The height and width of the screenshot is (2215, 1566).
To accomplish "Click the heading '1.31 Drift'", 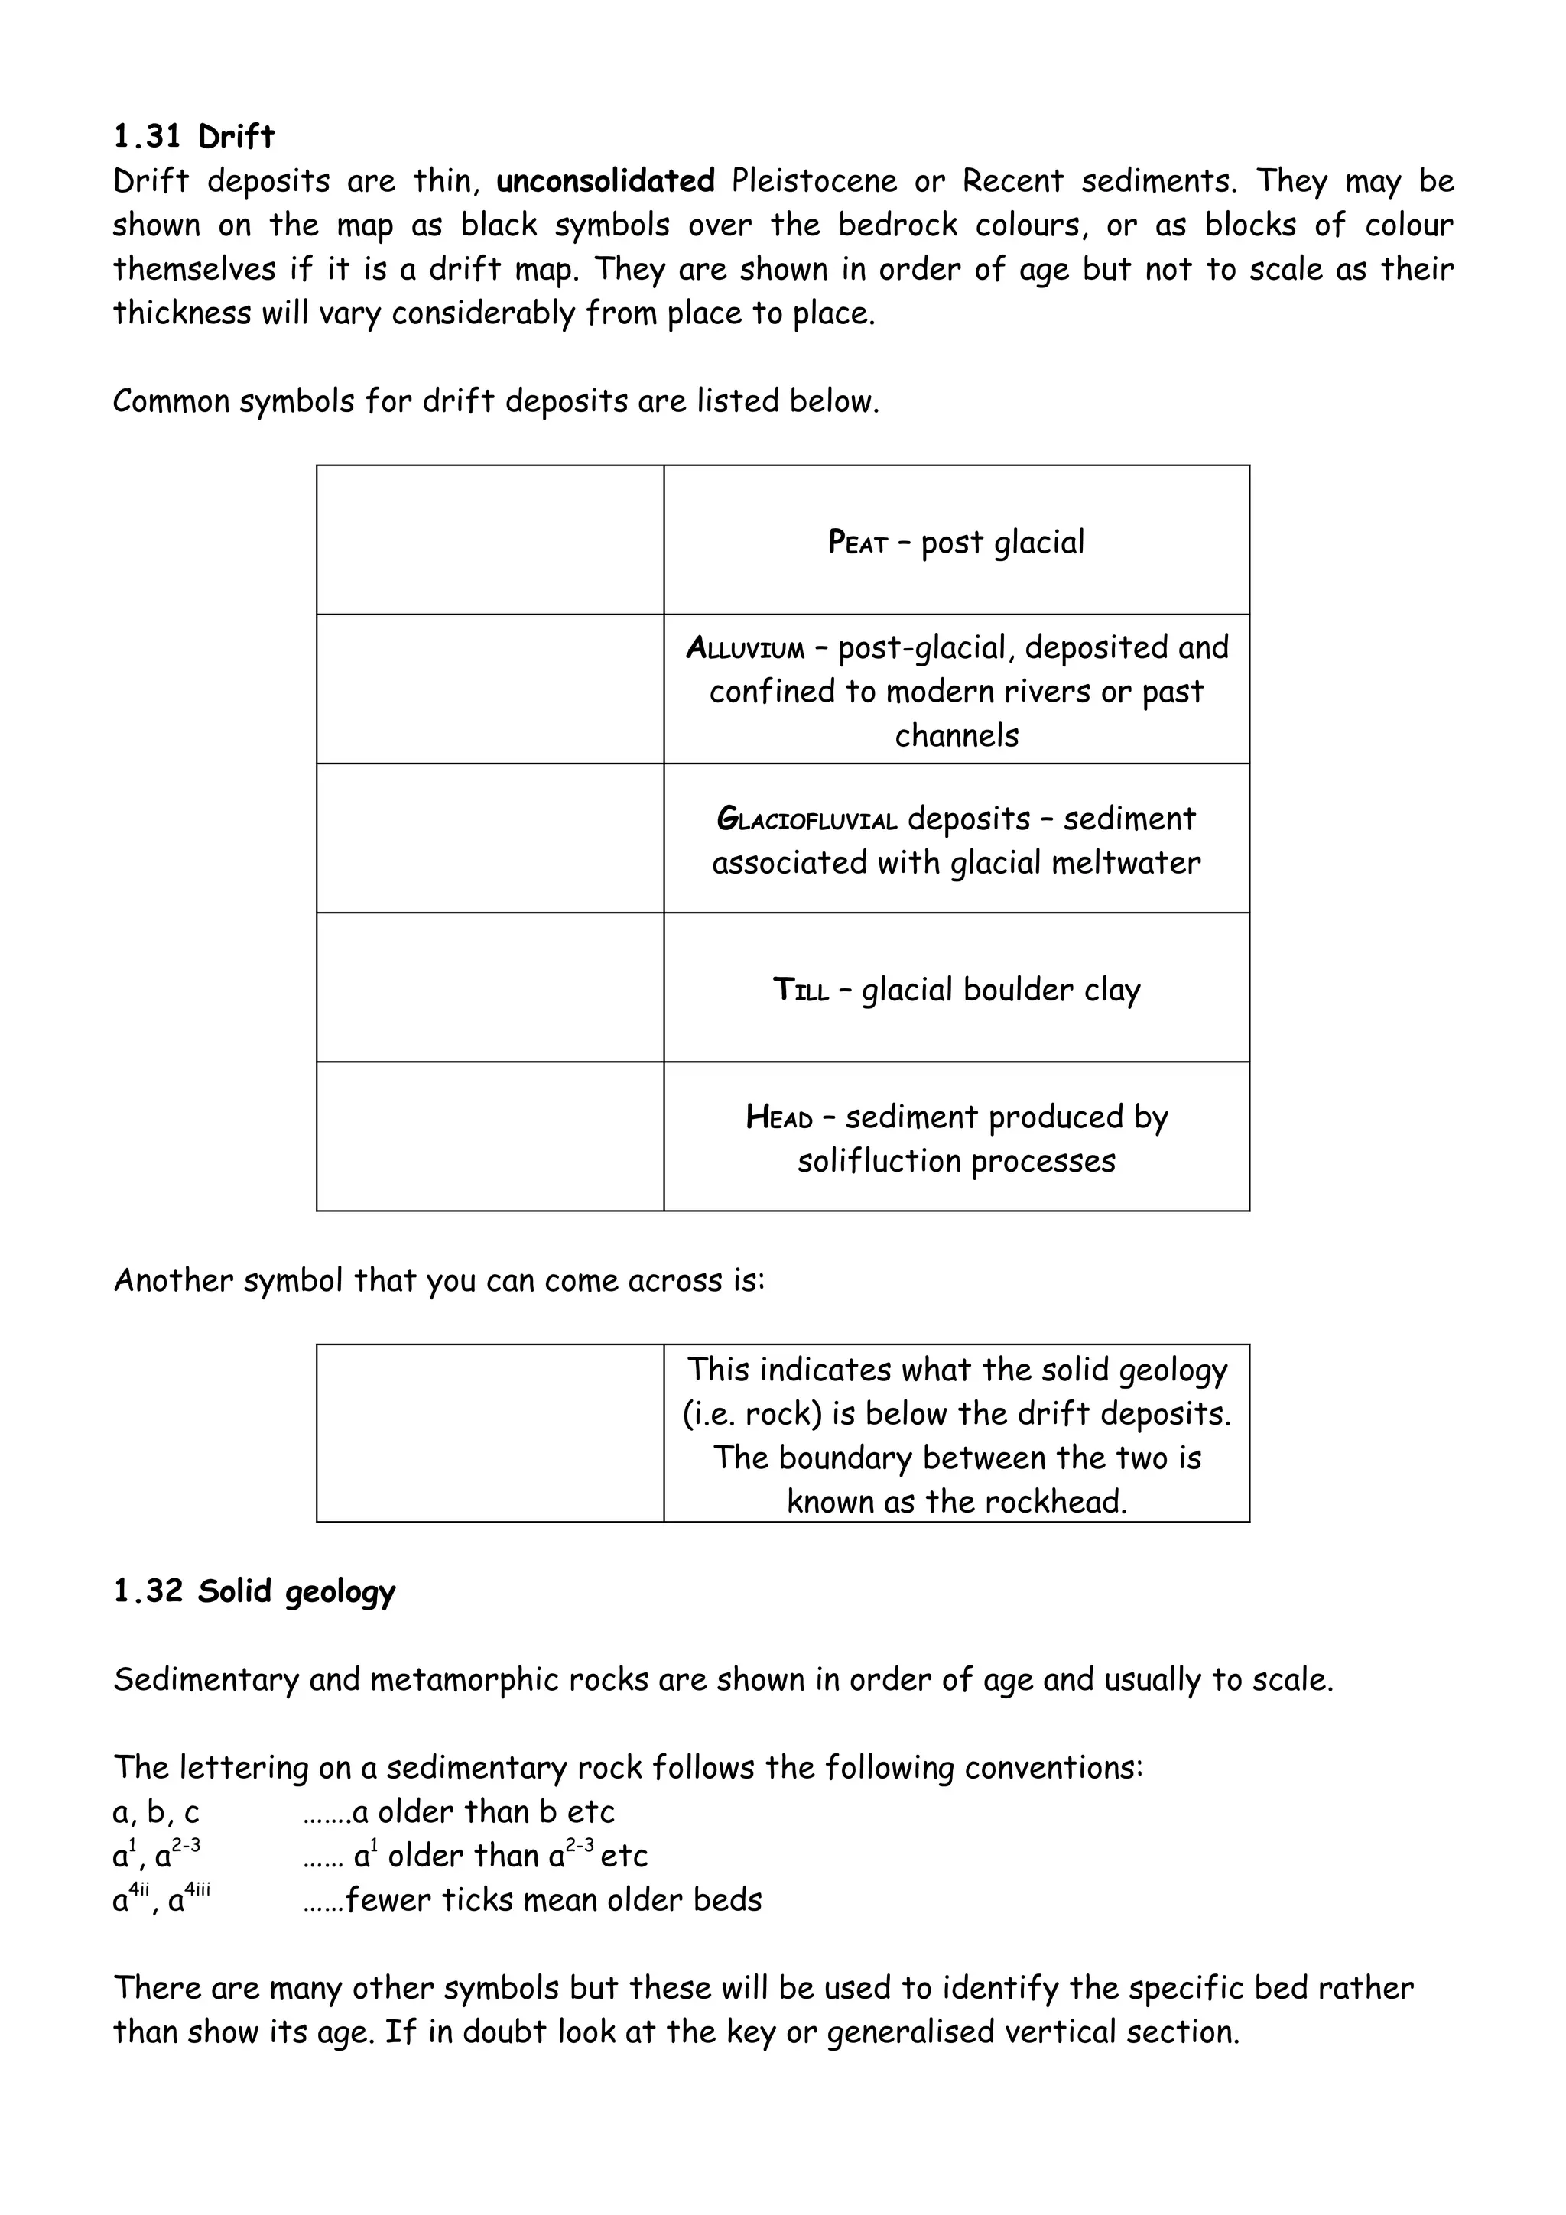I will point(193,137).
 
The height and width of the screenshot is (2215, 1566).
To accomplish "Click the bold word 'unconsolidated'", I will point(605,181).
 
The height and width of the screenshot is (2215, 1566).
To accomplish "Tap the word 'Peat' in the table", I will point(857,543).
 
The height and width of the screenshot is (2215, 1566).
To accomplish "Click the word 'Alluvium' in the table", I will point(745,648).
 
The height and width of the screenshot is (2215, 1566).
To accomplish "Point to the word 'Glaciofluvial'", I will point(807,820).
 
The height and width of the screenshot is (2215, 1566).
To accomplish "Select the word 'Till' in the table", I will point(800,991).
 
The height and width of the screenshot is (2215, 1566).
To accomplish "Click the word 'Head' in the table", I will point(778,1118).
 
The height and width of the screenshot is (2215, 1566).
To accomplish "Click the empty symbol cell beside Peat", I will point(489,540).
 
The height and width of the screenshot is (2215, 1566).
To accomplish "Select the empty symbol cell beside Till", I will point(489,988).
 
